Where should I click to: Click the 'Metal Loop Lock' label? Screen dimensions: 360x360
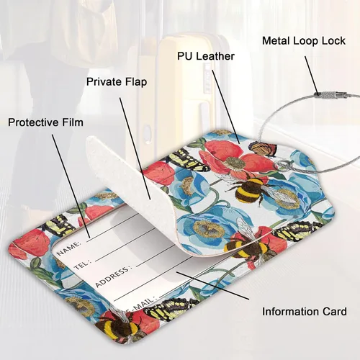(304, 41)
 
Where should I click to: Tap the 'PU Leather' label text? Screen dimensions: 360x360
(206, 56)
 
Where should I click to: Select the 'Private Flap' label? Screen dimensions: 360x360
(117, 81)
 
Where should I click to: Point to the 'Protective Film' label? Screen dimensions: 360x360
(45, 122)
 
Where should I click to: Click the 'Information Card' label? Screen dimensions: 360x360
(305, 312)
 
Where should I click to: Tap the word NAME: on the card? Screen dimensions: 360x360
(69, 248)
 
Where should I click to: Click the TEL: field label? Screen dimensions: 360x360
(82, 264)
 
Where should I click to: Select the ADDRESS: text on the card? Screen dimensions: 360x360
(113, 276)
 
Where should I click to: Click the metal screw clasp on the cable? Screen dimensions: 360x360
(331, 95)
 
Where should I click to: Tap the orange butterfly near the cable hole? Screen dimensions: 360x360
(262, 148)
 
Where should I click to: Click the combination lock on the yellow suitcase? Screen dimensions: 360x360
(207, 78)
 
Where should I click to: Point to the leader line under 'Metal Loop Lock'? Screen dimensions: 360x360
(312, 76)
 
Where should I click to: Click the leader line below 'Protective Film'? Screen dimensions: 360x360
(71, 186)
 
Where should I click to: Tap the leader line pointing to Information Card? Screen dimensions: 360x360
(212, 286)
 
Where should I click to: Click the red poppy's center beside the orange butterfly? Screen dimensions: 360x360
(232, 162)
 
